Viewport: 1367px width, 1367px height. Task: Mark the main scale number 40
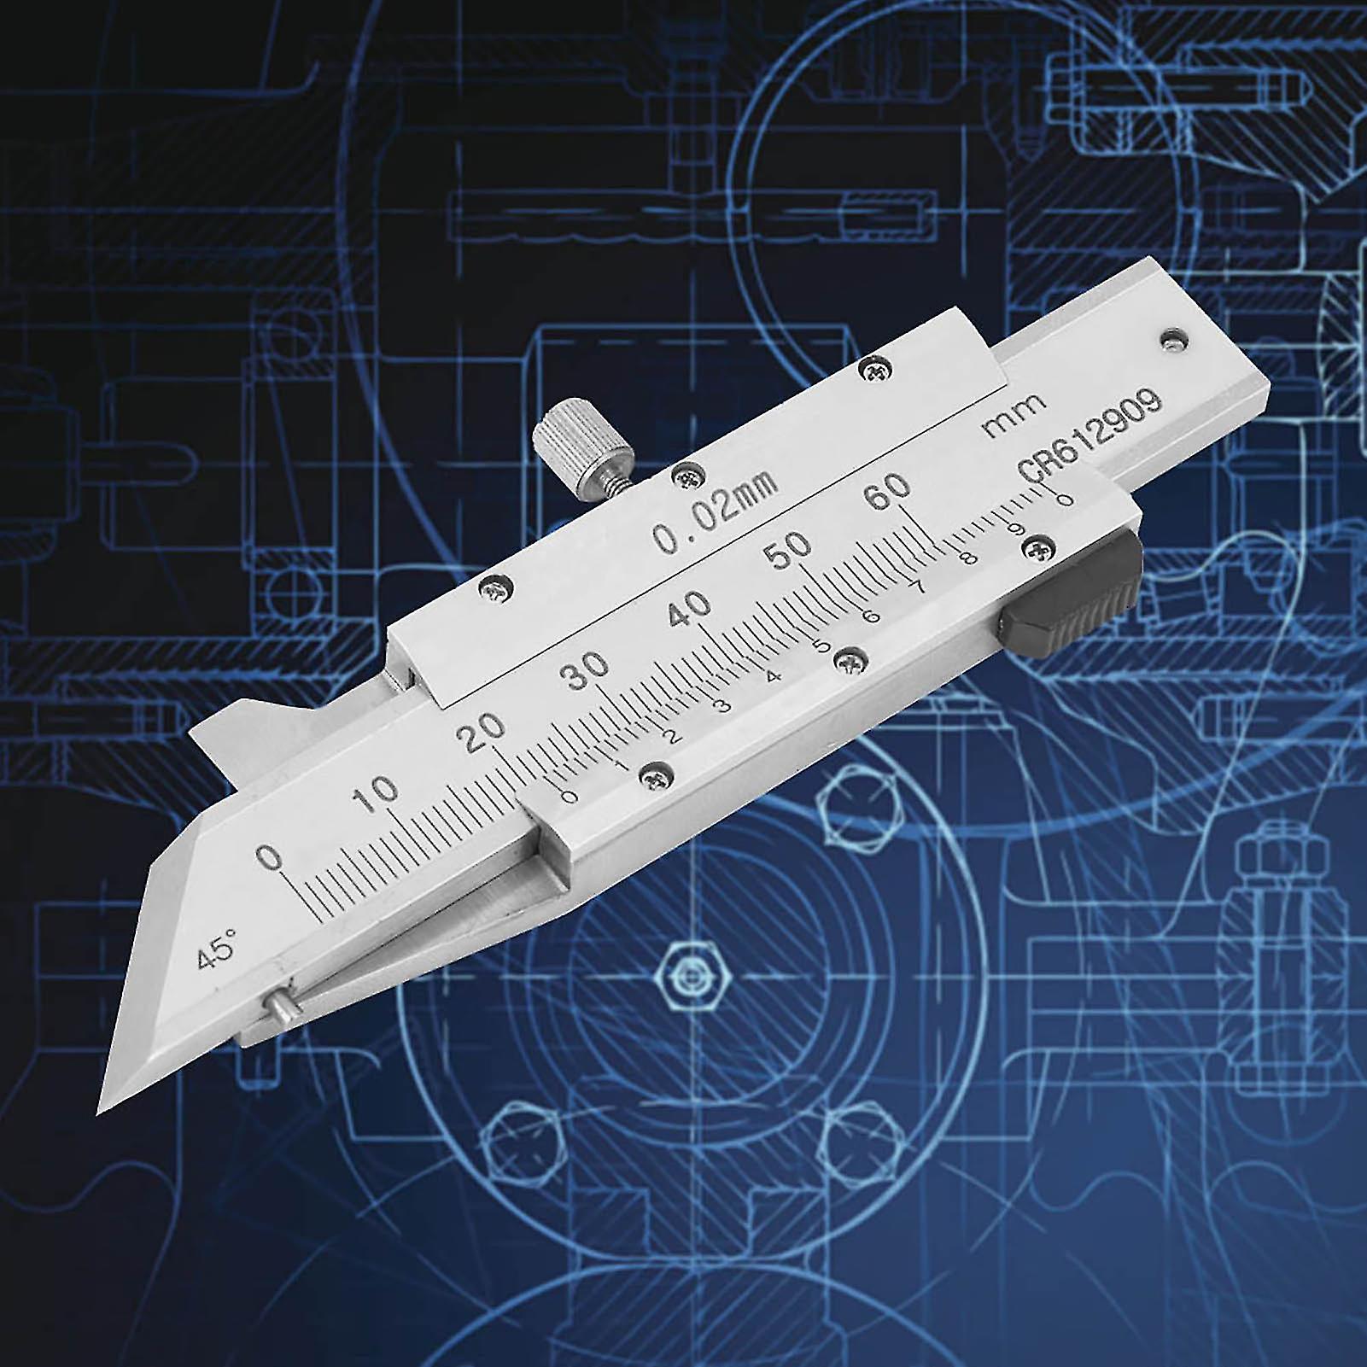tap(690, 606)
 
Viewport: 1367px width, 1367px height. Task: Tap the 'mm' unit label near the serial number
tap(1014, 415)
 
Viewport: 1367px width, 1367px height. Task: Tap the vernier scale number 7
tap(919, 587)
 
